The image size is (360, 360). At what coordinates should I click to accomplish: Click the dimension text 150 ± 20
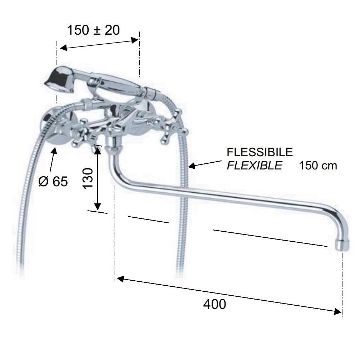point(93,30)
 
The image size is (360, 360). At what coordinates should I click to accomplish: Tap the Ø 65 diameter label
point(53,181)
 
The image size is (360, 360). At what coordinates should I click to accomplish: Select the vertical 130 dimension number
point(88,178)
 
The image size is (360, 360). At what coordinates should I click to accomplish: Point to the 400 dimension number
point(214,304)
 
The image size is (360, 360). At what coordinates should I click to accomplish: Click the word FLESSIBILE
point(260,152)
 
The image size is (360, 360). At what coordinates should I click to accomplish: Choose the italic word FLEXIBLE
point(255,165)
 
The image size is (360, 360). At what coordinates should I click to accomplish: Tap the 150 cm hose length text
point(318,166)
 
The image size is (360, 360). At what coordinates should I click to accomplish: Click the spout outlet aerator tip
point(342,245)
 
